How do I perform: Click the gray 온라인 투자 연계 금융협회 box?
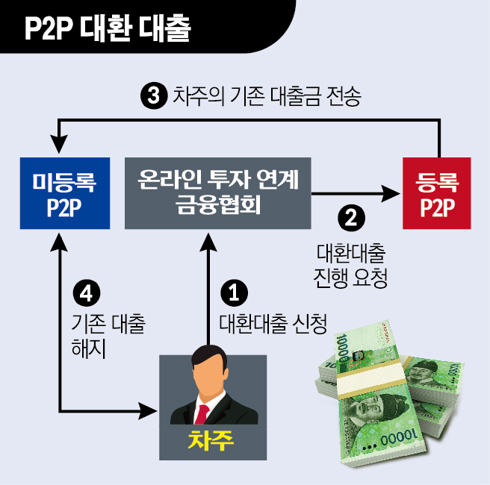coord(218,193)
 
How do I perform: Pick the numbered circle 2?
coord(351,217)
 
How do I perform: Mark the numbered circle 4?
coord(88,293)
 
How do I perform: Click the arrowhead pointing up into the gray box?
coord(209,240)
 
